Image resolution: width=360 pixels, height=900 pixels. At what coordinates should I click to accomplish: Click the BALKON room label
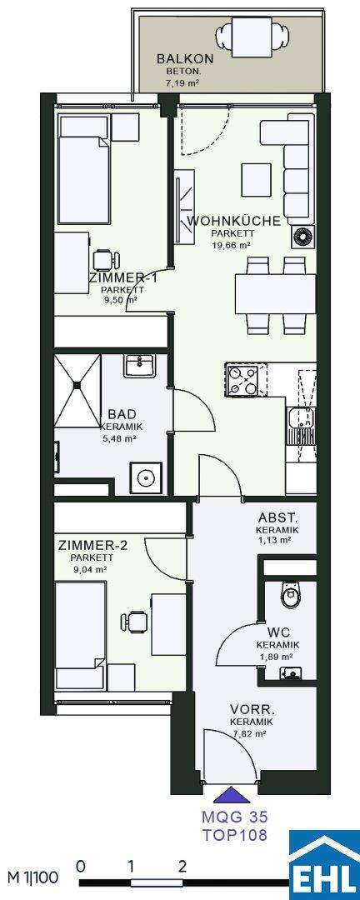click(x=177, y=58)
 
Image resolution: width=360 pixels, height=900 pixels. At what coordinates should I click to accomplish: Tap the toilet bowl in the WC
click(x=292, y=595)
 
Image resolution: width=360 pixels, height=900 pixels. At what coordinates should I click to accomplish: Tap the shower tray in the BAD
click(x=77, y=390)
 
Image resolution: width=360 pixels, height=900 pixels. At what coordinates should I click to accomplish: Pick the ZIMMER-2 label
click(x=93, y=545)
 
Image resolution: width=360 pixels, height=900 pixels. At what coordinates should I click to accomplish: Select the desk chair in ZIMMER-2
click(x=134, y=622)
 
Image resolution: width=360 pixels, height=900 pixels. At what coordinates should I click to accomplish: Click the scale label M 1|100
click(x=33, y=877)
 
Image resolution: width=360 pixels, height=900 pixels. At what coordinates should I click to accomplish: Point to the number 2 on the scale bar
click(x=182, y=866)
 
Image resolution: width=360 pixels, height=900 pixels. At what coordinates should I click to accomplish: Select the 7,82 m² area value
click(x=251, y=733)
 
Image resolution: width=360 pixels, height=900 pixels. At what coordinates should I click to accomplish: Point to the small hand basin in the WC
click(x=291, y=672)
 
